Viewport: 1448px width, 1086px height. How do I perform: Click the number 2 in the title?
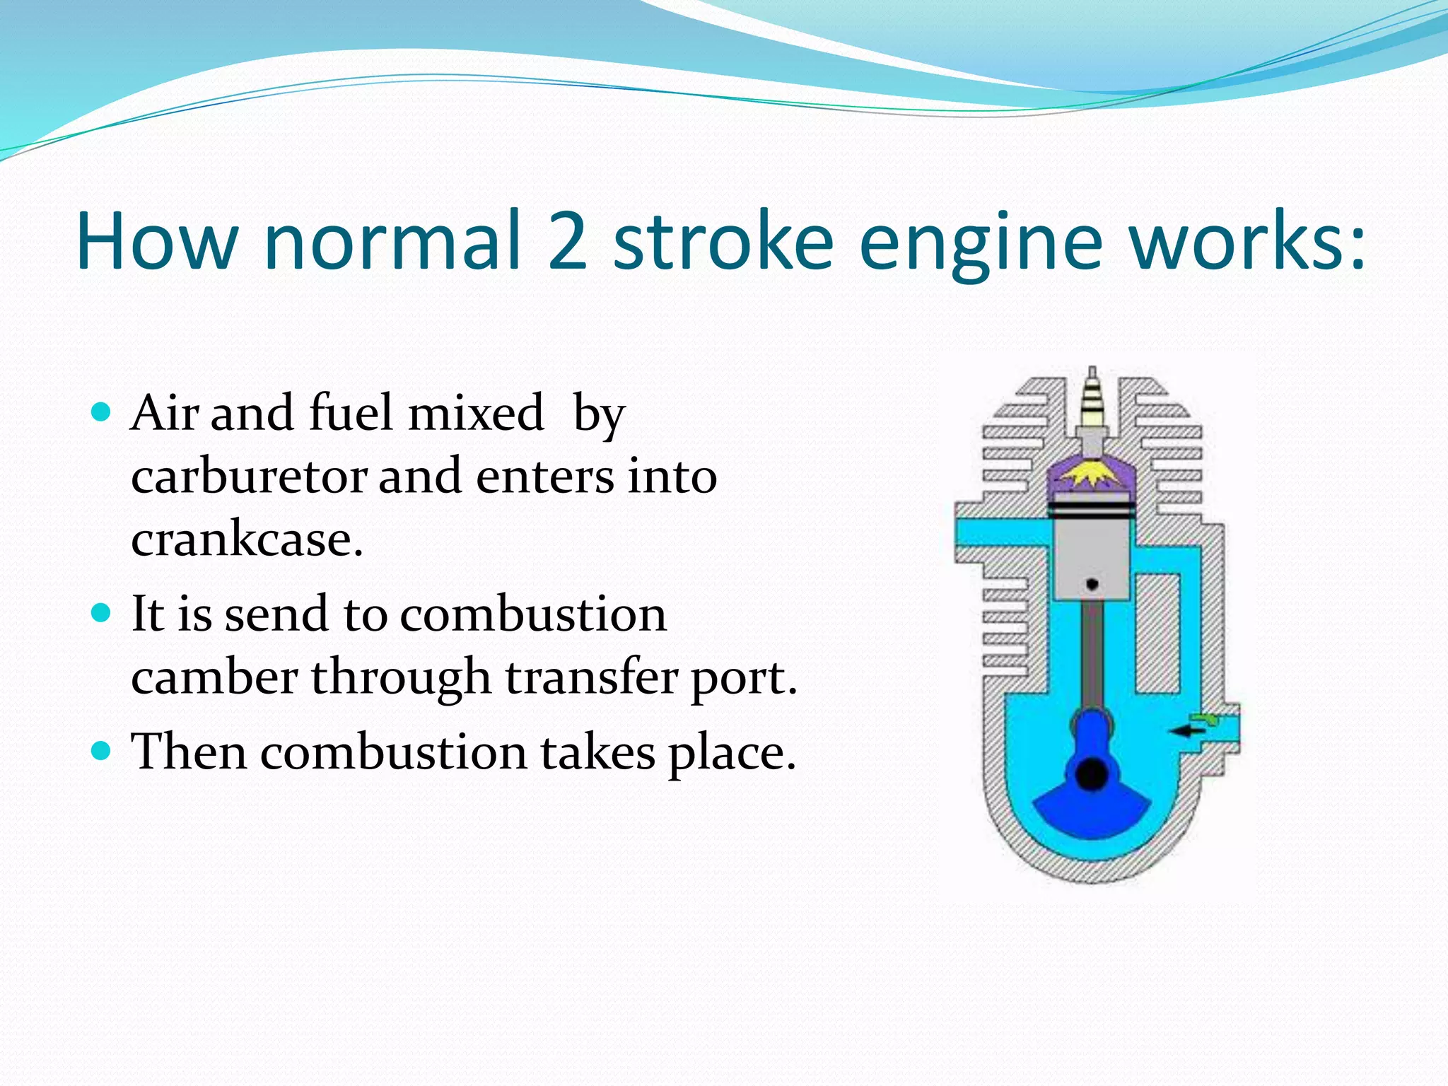click(567, 242)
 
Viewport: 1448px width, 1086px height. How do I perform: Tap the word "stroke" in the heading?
click(723, 240)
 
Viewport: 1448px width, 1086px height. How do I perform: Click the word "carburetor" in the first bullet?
click(249, 477)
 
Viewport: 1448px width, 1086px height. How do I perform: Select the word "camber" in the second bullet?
click(214, 677)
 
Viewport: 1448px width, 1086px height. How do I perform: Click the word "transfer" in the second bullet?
click(591, 676)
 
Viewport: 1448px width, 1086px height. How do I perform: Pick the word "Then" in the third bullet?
click(189, 751)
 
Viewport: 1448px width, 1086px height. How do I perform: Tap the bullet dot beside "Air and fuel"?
click(102, 411)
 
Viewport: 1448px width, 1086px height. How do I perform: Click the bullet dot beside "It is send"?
click(102, 612)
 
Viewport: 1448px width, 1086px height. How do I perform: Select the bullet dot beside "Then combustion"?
click(102, 750)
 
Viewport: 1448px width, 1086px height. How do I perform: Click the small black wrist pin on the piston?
click(1092, 584)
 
